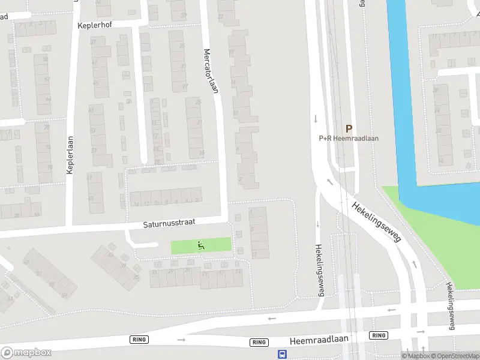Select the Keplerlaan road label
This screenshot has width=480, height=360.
(70, 155)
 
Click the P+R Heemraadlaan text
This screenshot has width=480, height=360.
(348, 138)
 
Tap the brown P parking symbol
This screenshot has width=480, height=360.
(348, 128)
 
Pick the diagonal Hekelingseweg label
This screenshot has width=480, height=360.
(376, 220)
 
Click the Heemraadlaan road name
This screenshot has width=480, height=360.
(319, 340)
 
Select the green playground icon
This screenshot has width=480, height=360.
(200, 245)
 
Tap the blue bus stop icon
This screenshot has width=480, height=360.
(281, 354)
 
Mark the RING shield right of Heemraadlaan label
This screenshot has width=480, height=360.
(378, 335)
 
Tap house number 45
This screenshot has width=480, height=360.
(92, 197)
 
